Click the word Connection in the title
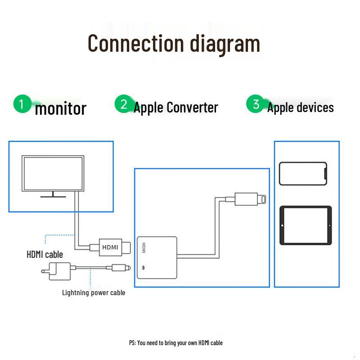135,43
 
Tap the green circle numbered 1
21,103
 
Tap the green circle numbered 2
123,104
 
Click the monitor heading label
60,108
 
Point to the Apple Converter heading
176,108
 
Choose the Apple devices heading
301,108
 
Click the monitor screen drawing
53,173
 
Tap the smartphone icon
303,173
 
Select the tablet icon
306,225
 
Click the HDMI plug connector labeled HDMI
110,247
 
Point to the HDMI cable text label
45,255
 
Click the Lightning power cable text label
94,293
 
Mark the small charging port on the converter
144,267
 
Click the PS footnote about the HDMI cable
175,343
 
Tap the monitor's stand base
53,196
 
